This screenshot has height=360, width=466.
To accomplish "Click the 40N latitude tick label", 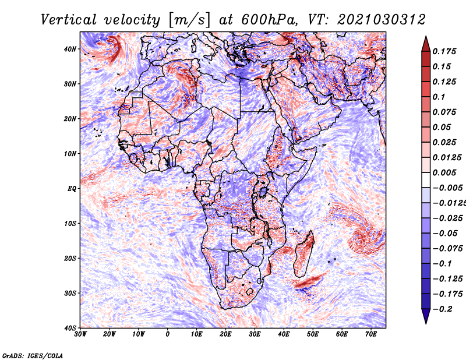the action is [x=69, y=49].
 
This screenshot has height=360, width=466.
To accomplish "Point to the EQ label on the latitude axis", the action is [x=72, y=189].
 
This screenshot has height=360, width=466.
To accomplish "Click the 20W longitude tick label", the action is [x=110, y=334].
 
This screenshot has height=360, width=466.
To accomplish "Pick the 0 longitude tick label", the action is [x=168, y=334].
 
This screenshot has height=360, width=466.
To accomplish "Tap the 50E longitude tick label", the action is [x=313, y=334].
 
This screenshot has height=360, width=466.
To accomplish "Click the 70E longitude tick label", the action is [x=370, y=334].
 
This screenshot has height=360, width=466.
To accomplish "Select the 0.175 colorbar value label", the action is [x=444, y=51].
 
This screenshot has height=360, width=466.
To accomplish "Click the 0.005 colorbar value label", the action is [x=444, y=172].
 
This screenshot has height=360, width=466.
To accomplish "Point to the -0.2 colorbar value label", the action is [x=443, y=309].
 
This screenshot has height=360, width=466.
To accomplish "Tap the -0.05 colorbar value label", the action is [x=445, y=233].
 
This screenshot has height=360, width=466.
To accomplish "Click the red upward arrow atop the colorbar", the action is [x=426, y=44].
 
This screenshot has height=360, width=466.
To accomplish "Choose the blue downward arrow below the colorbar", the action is [x=426, y=316].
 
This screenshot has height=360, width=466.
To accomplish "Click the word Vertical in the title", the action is [x=68, y=20].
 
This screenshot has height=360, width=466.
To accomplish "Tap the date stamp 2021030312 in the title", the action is [x=382, y=20].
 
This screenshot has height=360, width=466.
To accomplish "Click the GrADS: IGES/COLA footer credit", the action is [x=33, y=355].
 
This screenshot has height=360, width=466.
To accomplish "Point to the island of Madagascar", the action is [x=303, y=254].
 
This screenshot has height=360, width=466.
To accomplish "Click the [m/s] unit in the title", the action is [x=190, y=20].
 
